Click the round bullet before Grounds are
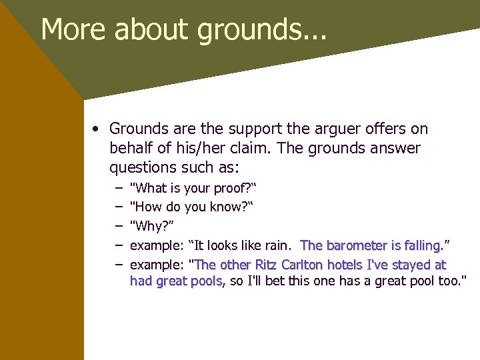pos(97,129)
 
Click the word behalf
pos(131,148)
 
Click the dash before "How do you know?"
pos(118,207)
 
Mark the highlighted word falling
pos(421,245)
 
